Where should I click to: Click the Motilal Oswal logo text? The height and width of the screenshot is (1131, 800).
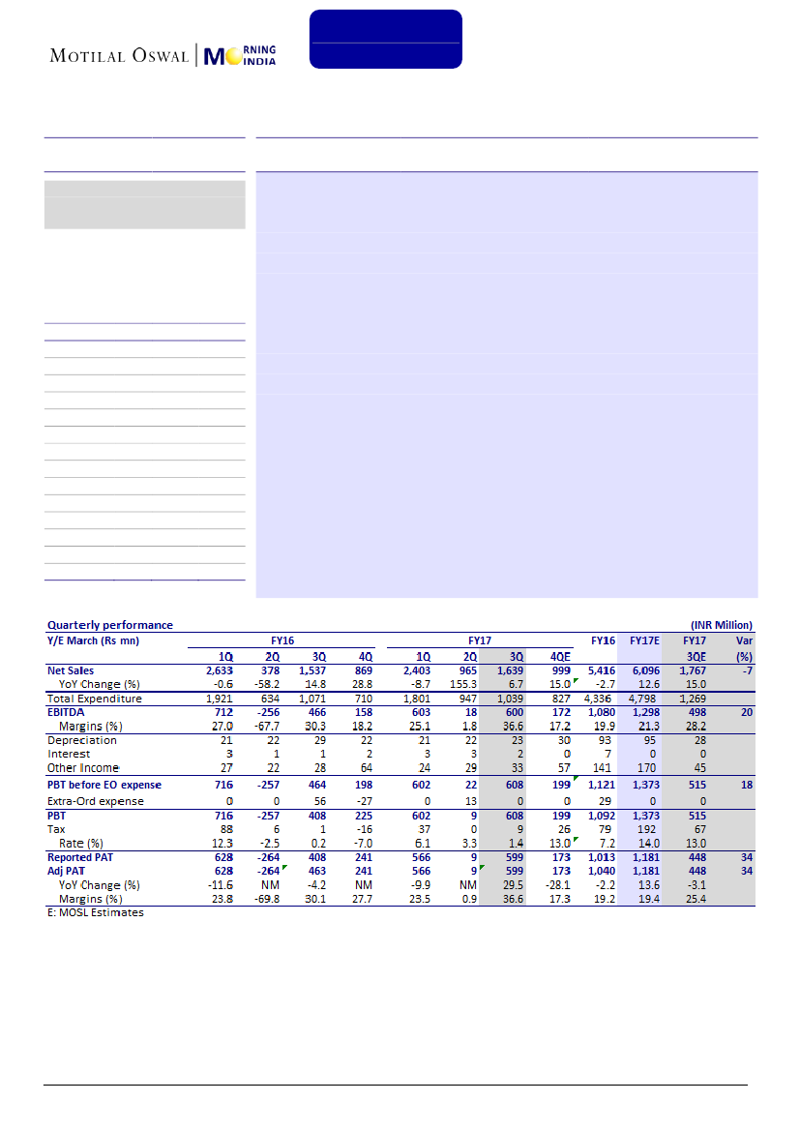(x=121, y=54)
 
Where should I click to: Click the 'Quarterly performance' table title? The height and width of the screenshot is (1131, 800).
(x=110, y=625)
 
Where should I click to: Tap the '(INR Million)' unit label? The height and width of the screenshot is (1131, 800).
(x=721, y=625)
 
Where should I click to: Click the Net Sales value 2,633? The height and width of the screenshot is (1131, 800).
(x=219, y=670)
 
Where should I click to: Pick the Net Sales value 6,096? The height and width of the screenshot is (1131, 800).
(x=644, y=670)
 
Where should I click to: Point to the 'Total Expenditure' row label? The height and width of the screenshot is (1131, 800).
(x=95, y=699)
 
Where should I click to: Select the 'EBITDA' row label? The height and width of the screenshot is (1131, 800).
(x=68, y=712)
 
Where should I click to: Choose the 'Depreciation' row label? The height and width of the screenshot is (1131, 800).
(x=82, y=740)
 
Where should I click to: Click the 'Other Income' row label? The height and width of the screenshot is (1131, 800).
(x=84, y=768)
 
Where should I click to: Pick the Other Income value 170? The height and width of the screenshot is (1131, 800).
(x=648, y=768)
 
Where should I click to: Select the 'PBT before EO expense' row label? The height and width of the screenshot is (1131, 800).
(x=104, y=785)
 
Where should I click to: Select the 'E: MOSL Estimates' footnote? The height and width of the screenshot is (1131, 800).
(x=96, y=912)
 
